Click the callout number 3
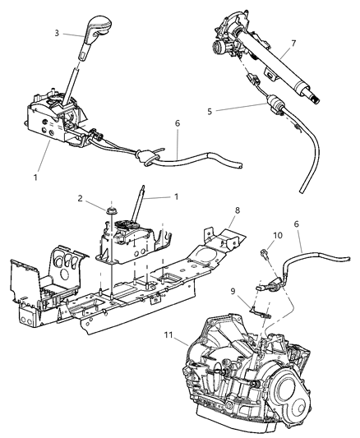57,33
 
